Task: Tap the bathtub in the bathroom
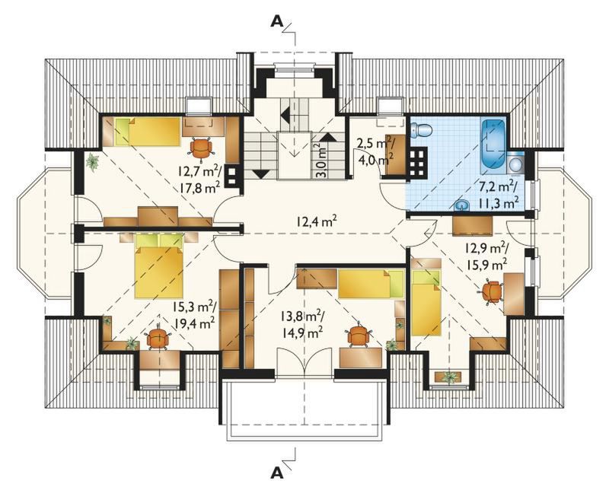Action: [x=493, y=147]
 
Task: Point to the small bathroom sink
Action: [x=462, y=205]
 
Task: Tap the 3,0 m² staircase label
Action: [x=320, y=161]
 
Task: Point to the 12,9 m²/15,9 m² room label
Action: [x=487, y=256]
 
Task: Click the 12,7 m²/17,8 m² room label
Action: [x=199, y=178]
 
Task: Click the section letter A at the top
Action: [x=276, y=22]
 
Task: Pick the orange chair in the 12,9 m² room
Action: [x=492, y=292]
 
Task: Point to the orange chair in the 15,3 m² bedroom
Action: [x=158, y=338]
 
